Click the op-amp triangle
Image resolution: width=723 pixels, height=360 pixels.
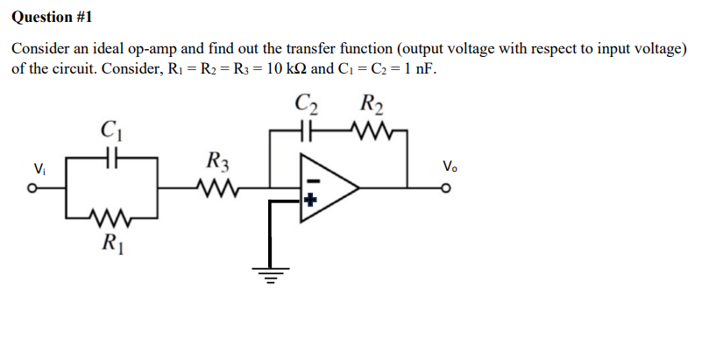tap(329, 187)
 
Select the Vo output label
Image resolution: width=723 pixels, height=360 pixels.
tap(450, 166)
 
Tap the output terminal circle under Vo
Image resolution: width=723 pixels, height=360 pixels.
tap(450, 187)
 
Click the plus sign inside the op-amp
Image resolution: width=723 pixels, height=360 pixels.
tap(308, 199)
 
